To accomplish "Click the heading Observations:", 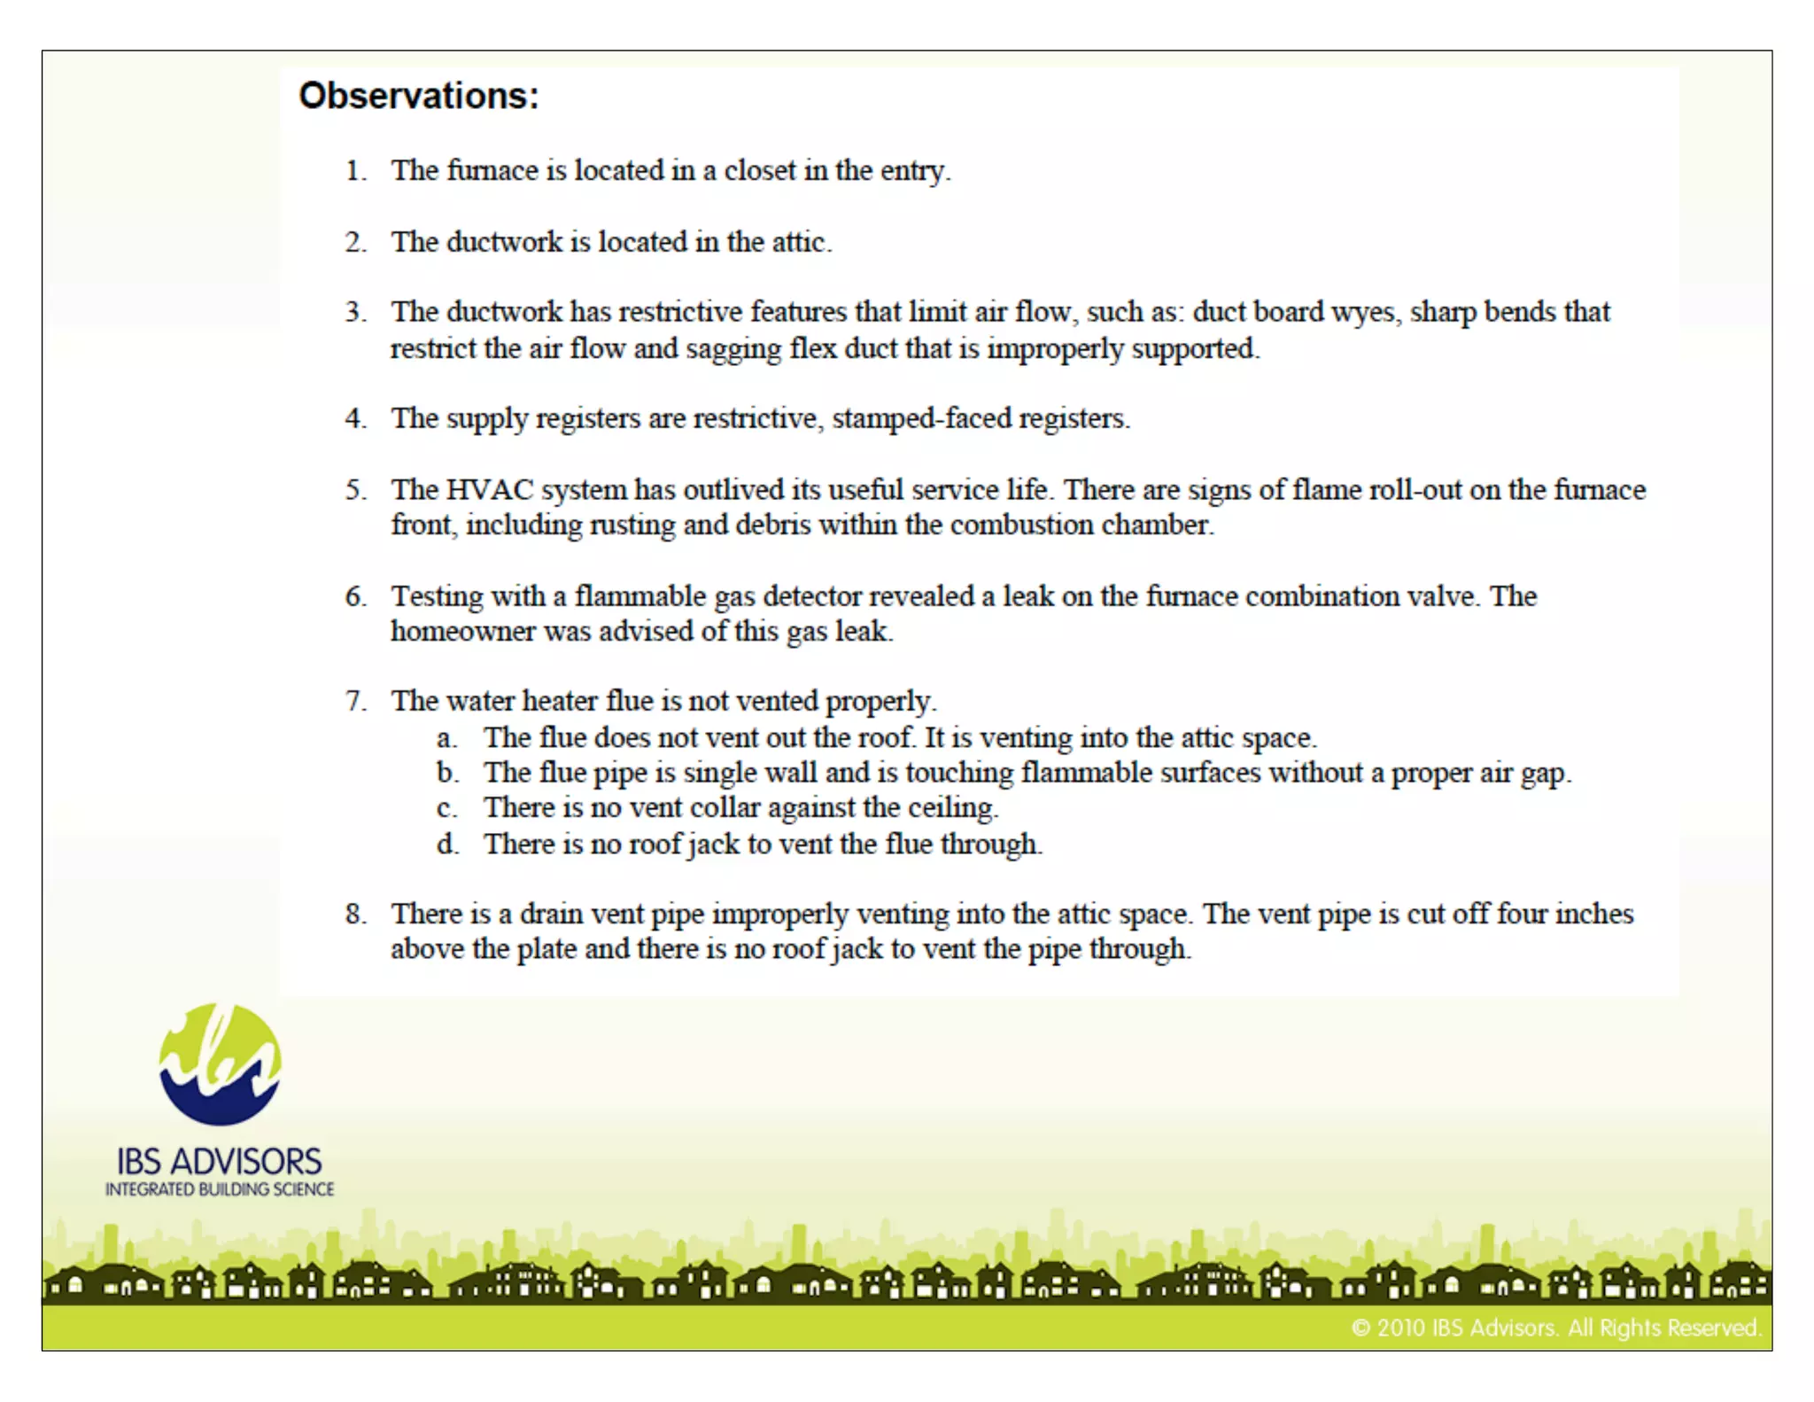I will [418, 96].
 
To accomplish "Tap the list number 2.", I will [355, 242].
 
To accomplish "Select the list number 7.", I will [355, 702].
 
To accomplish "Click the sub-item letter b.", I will [447, 773].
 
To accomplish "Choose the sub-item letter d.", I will [447, 844].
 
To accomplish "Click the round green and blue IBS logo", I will [220, 1064].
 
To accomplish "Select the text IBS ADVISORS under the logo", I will [220, 1162].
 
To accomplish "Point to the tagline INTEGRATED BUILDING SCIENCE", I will [220, 1189].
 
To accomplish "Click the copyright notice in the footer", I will [1555, 1328].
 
